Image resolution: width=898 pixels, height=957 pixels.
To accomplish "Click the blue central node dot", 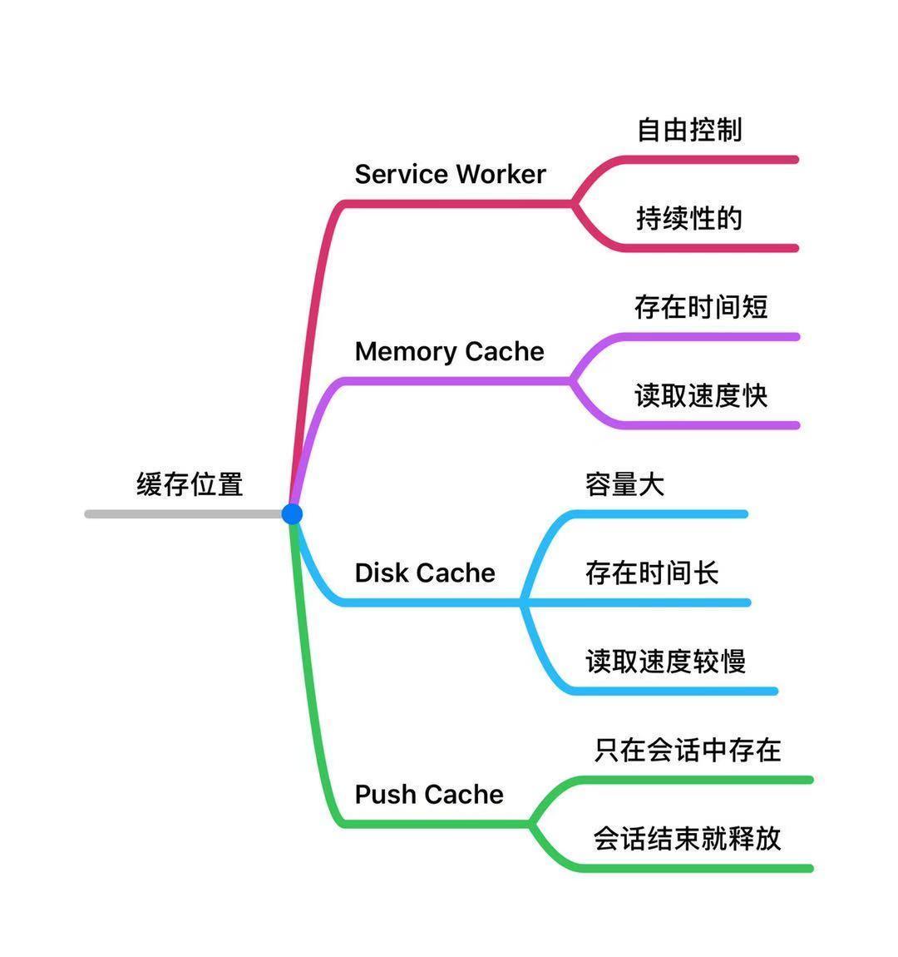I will [292, 513].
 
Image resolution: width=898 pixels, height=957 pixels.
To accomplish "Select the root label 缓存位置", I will [190, 483].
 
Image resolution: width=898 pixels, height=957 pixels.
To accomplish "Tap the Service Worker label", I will [450, 174].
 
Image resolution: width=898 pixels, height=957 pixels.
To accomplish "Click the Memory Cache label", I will [449, 351].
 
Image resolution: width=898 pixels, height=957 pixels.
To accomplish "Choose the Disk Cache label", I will [425, 573].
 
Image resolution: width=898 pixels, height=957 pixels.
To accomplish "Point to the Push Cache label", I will [429, 794].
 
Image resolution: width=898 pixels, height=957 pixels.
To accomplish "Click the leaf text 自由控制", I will [689, 130].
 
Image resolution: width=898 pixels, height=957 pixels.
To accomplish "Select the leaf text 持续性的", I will [689, 218].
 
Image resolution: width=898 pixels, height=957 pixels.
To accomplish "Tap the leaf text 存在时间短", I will [701, 307].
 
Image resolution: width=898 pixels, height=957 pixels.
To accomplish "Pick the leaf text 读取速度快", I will [701, 395].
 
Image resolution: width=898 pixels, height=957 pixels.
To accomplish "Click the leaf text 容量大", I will [625, 484].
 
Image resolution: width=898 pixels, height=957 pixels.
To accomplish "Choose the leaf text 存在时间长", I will [652, 573].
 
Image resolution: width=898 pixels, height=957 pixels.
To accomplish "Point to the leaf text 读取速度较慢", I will [665, 662].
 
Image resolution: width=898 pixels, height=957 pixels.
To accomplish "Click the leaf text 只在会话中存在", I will [688, 750].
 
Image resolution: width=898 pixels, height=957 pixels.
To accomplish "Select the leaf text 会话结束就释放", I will [688, 838].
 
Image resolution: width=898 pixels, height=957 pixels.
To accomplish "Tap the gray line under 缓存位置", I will [183, 514].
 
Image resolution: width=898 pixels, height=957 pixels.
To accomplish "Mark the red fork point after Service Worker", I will [573, 203].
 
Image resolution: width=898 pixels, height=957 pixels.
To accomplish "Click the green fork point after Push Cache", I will [530, 824].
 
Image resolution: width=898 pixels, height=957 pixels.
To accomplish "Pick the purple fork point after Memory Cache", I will [571, 381].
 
